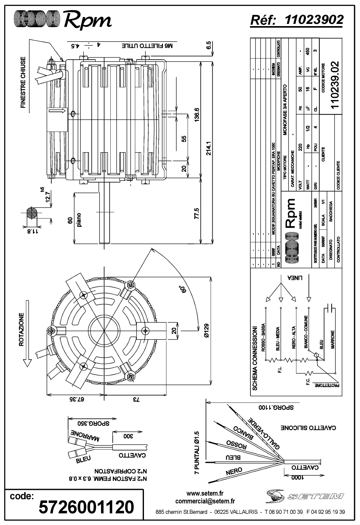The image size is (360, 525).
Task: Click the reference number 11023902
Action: (314, 20)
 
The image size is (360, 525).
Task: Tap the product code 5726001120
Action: (86, 507)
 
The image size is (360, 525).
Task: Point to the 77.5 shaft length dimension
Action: (196, 213)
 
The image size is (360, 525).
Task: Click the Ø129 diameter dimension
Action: (207, 332)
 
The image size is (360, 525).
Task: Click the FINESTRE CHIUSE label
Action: (23, 82)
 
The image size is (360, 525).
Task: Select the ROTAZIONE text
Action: (21, 329)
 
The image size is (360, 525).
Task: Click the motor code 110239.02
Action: (335, 84)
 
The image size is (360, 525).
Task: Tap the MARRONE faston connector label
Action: (85, 435)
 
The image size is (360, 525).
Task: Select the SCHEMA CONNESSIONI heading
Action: (254, 358)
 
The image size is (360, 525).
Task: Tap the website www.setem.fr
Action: (205, 493)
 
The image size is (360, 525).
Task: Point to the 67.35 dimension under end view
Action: (75, 399)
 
